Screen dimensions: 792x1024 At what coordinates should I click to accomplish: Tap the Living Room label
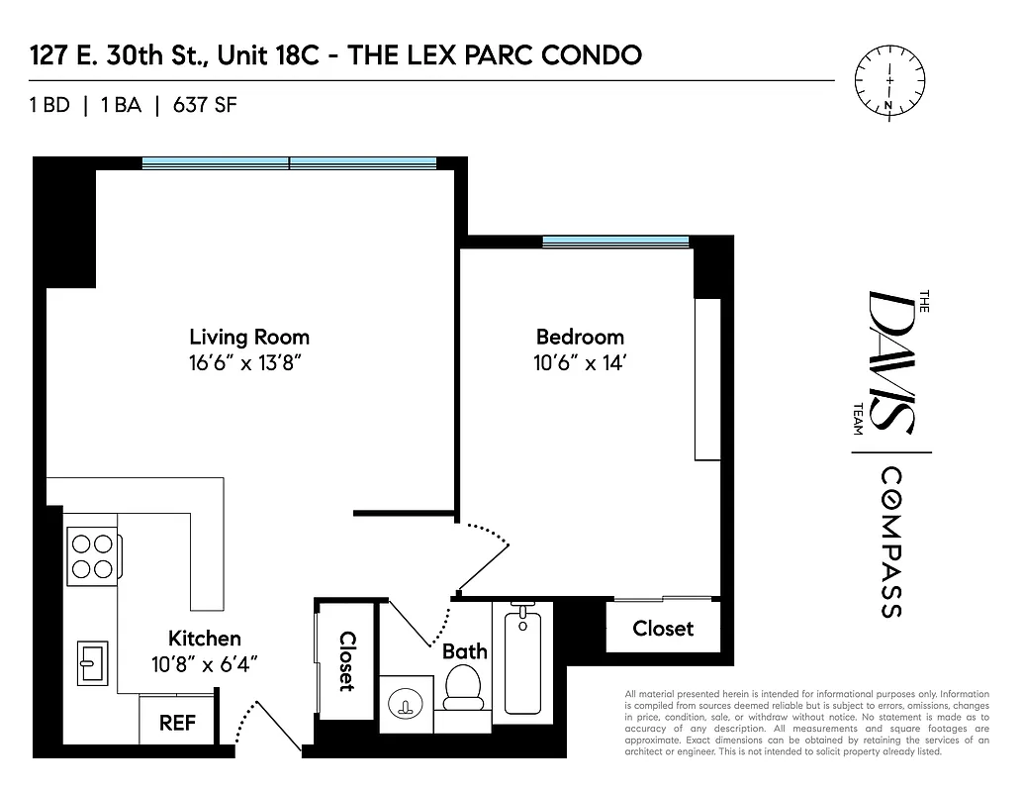tap(249, 337)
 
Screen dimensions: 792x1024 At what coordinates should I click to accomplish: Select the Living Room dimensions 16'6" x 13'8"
tap(249, 362)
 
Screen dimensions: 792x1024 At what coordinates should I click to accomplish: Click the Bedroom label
tap(580, 337)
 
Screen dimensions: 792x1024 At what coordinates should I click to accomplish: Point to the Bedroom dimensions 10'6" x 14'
tap(580, 362)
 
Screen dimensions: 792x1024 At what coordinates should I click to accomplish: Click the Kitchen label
tap(204, 639)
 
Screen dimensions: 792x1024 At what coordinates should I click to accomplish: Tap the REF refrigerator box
tap(177, 724)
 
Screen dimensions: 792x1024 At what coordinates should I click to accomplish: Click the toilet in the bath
tap(461, 686)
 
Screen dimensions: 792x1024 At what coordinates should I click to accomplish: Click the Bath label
tap(464, 651)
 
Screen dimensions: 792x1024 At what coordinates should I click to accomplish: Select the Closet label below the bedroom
tap(663, 629)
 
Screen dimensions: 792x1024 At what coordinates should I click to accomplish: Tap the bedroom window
tap(615, 242)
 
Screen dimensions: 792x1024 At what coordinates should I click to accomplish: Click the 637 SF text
tap(205, 105)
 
